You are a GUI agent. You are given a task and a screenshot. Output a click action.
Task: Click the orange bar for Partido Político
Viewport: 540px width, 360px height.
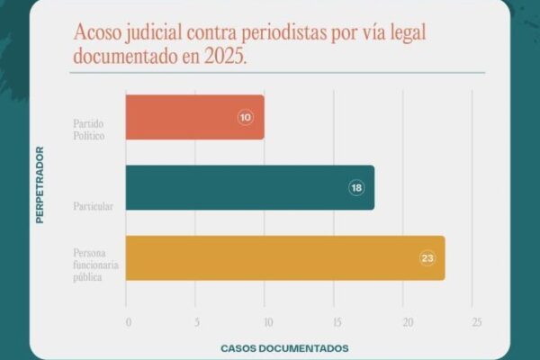pyautogui.click(x=193, y=117)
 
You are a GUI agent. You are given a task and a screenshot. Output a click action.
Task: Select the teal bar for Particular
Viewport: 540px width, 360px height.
pyautogui.click(x=249, y=187)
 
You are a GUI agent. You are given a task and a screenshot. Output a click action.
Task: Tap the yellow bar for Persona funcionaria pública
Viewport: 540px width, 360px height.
pyautogui.click(x=284, y=258)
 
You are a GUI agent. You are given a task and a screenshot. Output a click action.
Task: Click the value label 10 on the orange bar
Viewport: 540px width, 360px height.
pyautogui.click(x=246, y=118)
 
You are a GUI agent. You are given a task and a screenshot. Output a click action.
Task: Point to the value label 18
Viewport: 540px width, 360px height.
pyautogui.click(x=356, y=188)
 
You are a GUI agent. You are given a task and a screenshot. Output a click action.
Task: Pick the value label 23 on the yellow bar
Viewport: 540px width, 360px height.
pyautogui.click(x=427, y=258)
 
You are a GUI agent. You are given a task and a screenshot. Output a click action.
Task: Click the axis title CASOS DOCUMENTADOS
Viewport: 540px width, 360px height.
pyautogui.click(x=284, y=347)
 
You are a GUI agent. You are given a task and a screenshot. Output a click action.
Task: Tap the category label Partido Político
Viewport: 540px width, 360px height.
pyautogui.click(x=90, y=127)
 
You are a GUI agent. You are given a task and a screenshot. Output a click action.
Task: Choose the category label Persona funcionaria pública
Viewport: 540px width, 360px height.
pyautogui.click(x=96, y=266)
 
